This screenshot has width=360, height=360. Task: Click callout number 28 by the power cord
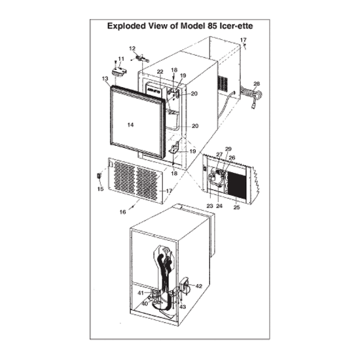(257, 84)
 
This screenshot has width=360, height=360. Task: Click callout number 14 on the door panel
(130, 124)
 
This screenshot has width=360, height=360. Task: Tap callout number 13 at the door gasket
(105, 79)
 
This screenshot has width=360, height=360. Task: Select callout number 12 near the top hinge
(132, 48)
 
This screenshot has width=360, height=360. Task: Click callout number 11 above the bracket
(121, 59)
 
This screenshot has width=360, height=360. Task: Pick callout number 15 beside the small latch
(101, 189)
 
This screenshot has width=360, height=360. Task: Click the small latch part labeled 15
(99, 176)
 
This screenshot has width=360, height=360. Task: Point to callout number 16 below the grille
(122, 212)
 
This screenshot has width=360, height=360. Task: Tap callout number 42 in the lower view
(199, 286)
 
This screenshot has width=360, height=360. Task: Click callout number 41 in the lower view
(141, 293)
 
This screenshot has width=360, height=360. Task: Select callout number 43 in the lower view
(183, 307)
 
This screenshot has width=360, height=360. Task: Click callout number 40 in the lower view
(145, 304)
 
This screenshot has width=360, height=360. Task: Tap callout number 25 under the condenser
(236, 207)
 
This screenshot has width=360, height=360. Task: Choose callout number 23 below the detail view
(210, 206)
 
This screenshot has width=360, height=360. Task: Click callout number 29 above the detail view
(228, 149)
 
